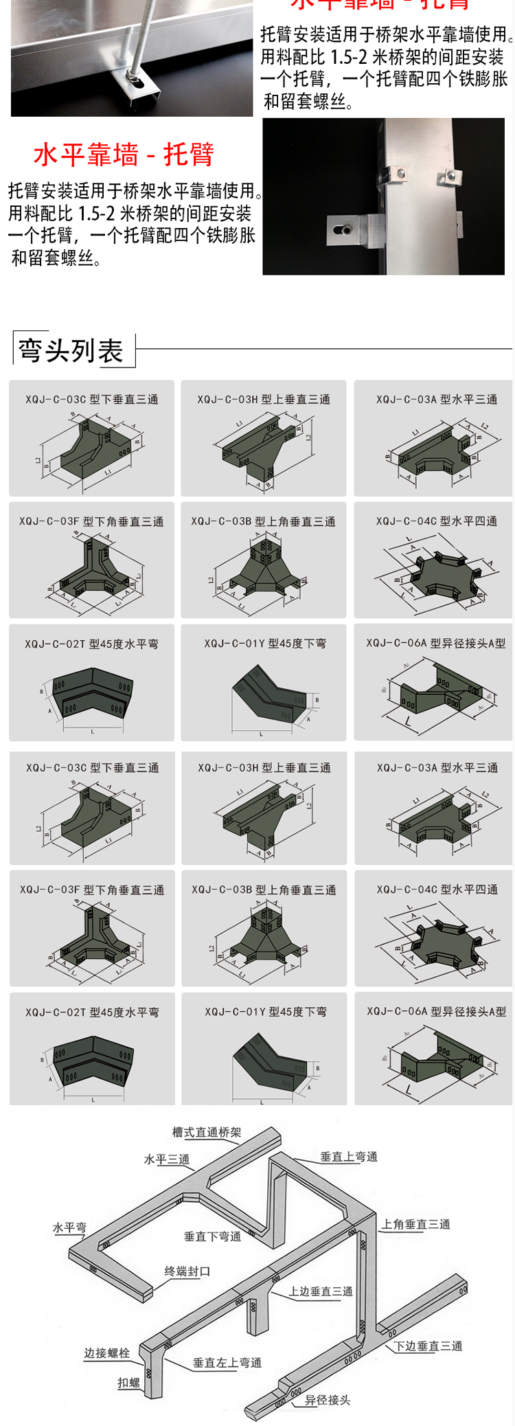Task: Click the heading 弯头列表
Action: [71, 351]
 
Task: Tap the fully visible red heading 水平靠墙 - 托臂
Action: [124, 155]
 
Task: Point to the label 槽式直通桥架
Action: [207, 1133]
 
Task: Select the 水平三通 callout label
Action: [167, 1159]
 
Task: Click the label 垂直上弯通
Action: [349, 1157]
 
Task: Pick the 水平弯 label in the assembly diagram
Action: [69, 1227]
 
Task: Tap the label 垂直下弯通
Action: [212, 1236]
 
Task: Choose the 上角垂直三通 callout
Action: [415, 1224]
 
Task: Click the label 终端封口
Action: [187, 1271]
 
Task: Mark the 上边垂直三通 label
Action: [320, 1291]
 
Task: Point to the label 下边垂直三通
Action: [428, 1346]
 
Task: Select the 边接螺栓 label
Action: [106, 1353]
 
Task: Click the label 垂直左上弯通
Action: [227, 1363]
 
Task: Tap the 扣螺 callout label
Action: [128, 1383]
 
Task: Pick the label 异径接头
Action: [328, 1400]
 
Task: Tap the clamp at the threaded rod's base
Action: [143, 82]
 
